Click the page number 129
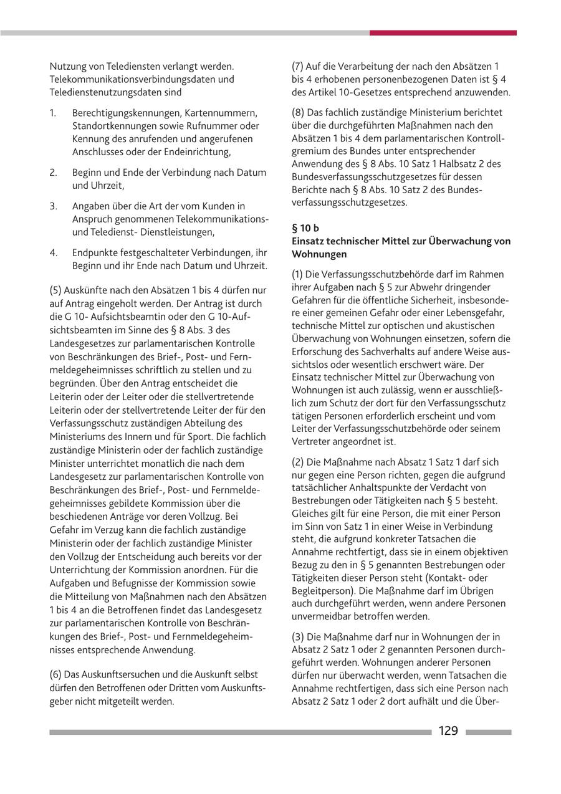pyautogui.click(x=448, y=731)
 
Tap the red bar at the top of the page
pyautogui.click(x=443, y=32)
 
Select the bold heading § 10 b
pyautogui.click(x=305, y=228)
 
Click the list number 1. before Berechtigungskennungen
pyautogui.click(x=54, y=113)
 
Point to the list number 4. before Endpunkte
pyautogui.click(x=54, y=252)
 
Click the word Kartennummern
pyautogui.click(x=226, y=113)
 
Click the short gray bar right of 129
pyautogui.click(x=488, y=732)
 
